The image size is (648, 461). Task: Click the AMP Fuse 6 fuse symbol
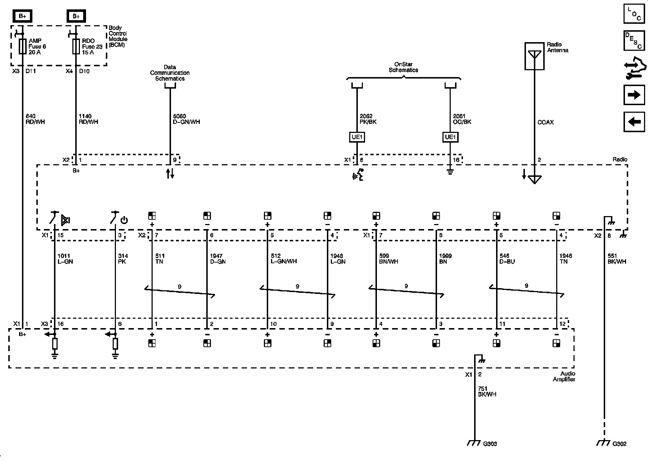pos(22,46)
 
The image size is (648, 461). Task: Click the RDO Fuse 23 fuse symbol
pos(76,46)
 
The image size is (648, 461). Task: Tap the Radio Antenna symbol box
pos(534,56)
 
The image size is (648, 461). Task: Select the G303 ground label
pos(490,444)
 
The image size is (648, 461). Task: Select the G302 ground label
pos(619,444)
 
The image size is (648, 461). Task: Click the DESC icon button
pos(634,40)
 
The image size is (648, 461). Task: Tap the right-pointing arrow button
pos(634,95)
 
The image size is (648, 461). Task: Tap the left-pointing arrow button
pos(634,122)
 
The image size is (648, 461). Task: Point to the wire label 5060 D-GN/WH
pos(186,119)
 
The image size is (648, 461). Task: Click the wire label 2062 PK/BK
pos(368,119)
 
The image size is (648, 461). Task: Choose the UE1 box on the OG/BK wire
pos(450,137)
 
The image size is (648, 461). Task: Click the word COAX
pos(545,122)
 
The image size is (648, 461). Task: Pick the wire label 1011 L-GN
pos(65,259)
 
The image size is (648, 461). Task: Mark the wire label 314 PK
pos(123,259)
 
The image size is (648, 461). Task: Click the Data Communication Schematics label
pos(170,73)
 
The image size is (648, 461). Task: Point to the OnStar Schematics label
pos(403,67)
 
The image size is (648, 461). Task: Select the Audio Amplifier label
pos(564,376)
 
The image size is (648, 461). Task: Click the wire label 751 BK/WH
pos(487,391)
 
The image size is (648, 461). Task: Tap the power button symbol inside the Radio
pos(124,220)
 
